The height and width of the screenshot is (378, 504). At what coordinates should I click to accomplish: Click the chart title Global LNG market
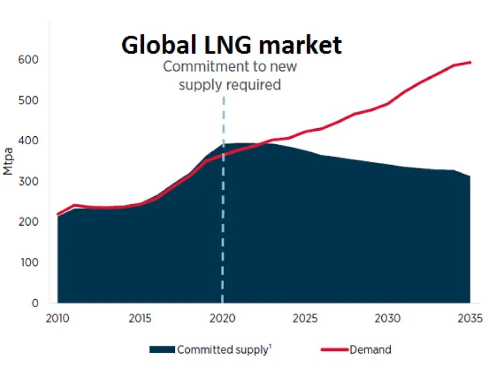point(231,46)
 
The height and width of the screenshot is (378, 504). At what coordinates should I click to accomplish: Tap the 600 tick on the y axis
point(29,60)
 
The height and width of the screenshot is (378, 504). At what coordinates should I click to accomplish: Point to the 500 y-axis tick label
point(29,100)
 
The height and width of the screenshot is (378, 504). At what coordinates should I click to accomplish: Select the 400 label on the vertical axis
point(29,140)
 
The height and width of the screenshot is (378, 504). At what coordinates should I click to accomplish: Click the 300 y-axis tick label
point(29,181)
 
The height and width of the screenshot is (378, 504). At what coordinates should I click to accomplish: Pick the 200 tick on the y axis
point(29,222)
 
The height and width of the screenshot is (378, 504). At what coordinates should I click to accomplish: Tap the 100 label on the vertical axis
point(29,263)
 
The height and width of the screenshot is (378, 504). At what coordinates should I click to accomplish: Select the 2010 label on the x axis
point(57,318)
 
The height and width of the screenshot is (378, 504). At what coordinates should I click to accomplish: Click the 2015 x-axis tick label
point(140,318)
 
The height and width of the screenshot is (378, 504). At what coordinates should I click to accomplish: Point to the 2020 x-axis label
point(223,318)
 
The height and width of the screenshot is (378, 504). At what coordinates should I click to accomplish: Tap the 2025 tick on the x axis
point(305,318)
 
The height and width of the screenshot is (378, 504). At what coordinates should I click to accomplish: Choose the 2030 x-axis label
point(388,318)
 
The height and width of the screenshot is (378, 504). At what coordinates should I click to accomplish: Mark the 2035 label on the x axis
point(470,318)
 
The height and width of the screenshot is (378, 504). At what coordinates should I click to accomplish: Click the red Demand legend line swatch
point(335,350)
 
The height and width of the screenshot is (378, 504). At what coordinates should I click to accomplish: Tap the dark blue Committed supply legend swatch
point(162,350)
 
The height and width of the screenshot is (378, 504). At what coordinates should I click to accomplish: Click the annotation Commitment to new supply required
point(229,76)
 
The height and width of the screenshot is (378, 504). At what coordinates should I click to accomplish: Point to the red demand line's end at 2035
point(470,62)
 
